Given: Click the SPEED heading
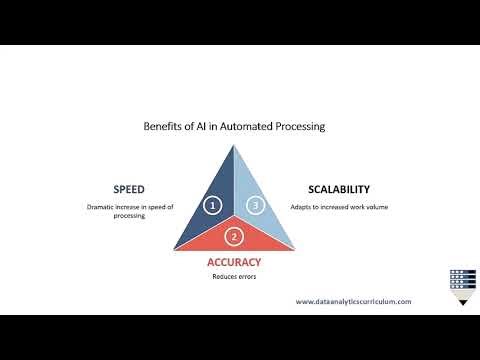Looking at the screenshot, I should pos(128,188).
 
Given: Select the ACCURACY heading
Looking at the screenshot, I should pos(234,262).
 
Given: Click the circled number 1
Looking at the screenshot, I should pos(212,205).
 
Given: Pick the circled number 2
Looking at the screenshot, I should pos(234,237).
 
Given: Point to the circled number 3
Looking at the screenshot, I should pos(256,205).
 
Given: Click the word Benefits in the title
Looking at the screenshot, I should pos(163,127).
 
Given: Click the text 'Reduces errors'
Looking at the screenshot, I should pos(234,276).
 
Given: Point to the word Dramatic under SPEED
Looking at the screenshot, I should pos(104,207).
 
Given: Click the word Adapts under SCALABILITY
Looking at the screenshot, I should pos(303,207).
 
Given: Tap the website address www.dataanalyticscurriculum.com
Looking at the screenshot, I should pos(353,300).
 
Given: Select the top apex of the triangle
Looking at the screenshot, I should pos(234,143).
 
